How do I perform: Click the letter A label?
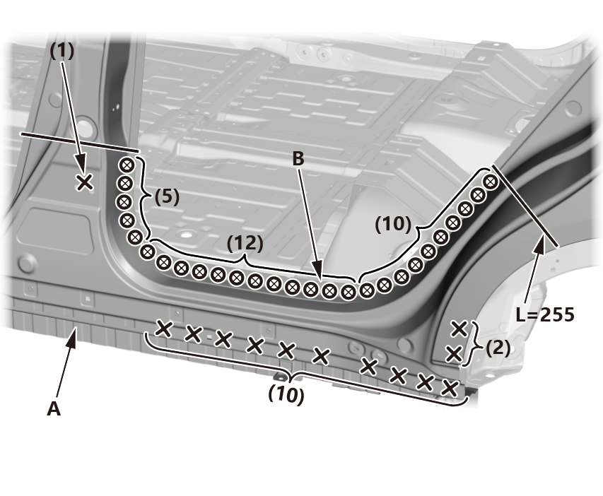(x=54, y=408)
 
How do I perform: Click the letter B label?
(x=298, y=158)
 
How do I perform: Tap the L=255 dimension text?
(x=545, y=315)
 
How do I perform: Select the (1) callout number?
(x=62, y=51)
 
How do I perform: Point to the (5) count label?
(x=167, y=196)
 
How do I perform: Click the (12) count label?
(x=245, y=243)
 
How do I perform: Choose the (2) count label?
(x=498, y=348)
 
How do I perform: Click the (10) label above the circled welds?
(x=393, y=224)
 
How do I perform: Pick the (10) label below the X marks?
(x=286, y=395)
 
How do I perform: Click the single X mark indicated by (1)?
(x=85, y=182)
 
